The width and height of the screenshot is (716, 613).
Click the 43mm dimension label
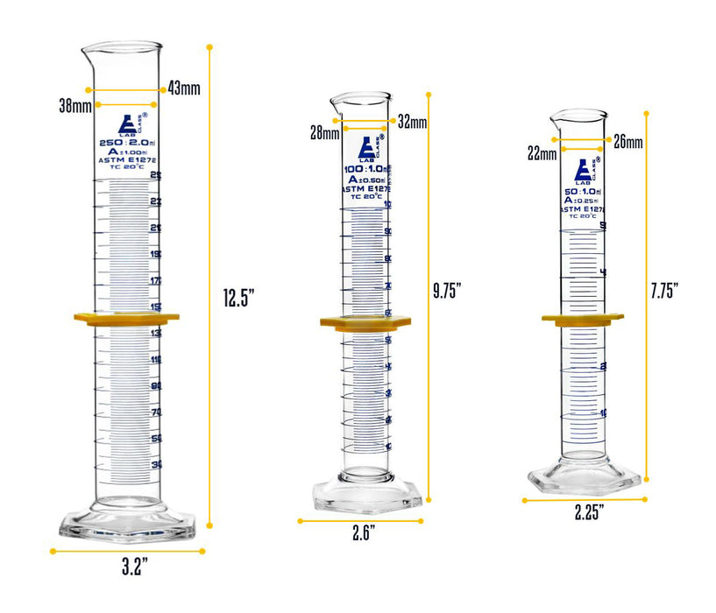click(184, 89)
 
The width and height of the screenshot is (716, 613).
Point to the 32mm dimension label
click(412, 121)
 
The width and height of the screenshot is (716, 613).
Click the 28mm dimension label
click(324, 133)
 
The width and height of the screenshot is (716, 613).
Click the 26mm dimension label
click(628, 141)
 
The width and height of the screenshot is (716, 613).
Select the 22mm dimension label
click(542, 154)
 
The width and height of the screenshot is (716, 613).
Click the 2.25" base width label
click(590, 512)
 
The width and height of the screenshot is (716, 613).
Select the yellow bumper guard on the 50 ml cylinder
click(582, 320)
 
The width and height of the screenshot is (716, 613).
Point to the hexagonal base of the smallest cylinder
click(585, 478)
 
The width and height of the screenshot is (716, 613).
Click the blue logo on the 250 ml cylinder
click(128, 124)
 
